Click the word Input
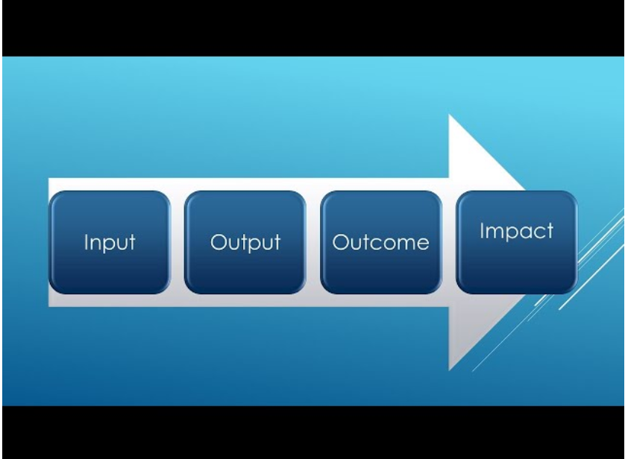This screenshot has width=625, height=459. pos(110,242)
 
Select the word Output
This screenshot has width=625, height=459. pos(245,242)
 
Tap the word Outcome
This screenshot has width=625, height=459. pos(380,242)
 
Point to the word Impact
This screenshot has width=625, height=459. pos(517,231)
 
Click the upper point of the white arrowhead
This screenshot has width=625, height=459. pos(450,115)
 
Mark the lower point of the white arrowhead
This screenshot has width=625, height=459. pos(450,370)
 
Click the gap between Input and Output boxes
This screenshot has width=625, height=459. pos(178,242)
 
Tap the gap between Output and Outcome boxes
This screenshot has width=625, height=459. pos(313,242)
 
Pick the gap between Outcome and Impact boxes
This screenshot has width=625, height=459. pos(449,242)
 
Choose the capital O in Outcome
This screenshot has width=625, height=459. pos(340,242)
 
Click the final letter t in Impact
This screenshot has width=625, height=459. pos(550,232)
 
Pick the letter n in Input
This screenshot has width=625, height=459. pos(96,244)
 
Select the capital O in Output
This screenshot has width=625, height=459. pos(219,242)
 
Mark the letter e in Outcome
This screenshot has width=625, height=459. pos(424,244)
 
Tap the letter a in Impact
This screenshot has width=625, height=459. pos(526,233)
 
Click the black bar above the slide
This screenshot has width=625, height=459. pos(312,28)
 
